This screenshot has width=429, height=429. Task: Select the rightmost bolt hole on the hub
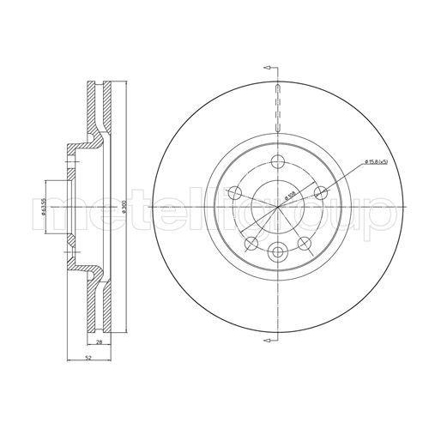[321, 193]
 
